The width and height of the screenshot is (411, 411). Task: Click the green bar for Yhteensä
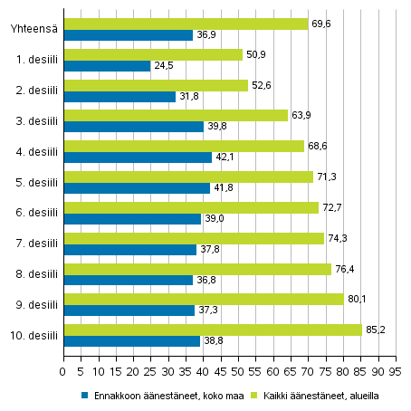[186, 24]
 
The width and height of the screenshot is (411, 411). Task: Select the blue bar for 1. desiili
[107, 66]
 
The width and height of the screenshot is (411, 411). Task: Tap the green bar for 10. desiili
[213, 330]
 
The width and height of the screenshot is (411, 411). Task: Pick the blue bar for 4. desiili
[138, 158]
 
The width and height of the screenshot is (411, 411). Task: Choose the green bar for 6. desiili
[191, 207]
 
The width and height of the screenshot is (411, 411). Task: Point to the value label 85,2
[375, 330]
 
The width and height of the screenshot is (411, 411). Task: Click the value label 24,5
[163, 66]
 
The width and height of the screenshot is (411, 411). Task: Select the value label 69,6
[320, 24]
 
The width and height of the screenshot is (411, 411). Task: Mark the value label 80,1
[357, 299]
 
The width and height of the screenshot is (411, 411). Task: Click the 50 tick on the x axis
[238, 370]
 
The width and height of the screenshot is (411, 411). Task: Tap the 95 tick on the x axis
[396, 370]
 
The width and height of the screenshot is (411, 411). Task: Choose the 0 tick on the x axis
[63, 370]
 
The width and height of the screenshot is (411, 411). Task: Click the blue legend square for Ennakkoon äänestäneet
[85, 395]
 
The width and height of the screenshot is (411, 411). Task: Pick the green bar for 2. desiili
[156, 85]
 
